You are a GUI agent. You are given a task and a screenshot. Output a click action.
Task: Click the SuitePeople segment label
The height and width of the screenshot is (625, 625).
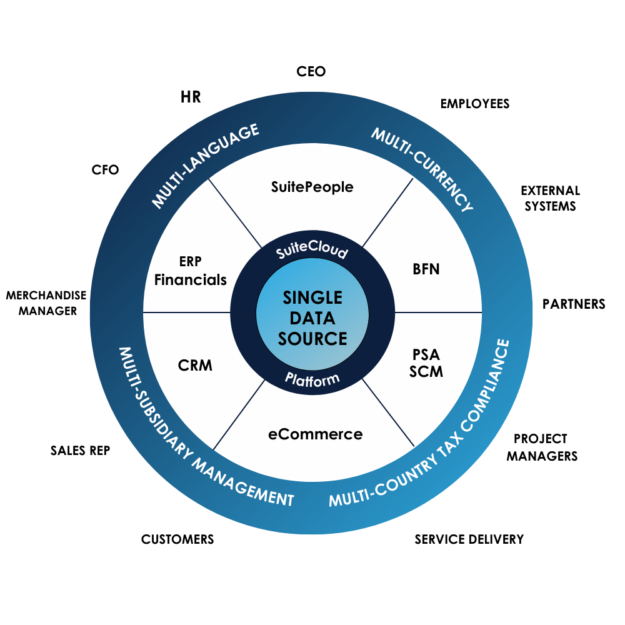[312, 186]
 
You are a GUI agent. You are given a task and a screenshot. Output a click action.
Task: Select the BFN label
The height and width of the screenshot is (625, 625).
[426, 269]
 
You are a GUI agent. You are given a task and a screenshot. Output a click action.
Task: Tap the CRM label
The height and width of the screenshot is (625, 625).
[195, 365]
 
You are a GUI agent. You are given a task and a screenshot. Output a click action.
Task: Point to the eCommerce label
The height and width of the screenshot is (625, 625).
[316, 434]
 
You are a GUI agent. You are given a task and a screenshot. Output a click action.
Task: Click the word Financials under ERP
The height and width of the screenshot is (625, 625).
[191, 280]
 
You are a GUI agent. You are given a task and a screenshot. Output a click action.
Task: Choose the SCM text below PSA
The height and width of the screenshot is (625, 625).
[426, 371]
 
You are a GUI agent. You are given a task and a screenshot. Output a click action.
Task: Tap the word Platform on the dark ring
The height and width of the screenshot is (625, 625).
[312, 378]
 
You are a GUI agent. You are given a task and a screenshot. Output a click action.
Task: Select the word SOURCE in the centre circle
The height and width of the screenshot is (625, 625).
[312, 339]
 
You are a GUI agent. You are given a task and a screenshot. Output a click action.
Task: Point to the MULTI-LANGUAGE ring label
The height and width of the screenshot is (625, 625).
[206, 166]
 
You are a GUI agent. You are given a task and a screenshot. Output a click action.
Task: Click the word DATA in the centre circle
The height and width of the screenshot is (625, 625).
[312, 318]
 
